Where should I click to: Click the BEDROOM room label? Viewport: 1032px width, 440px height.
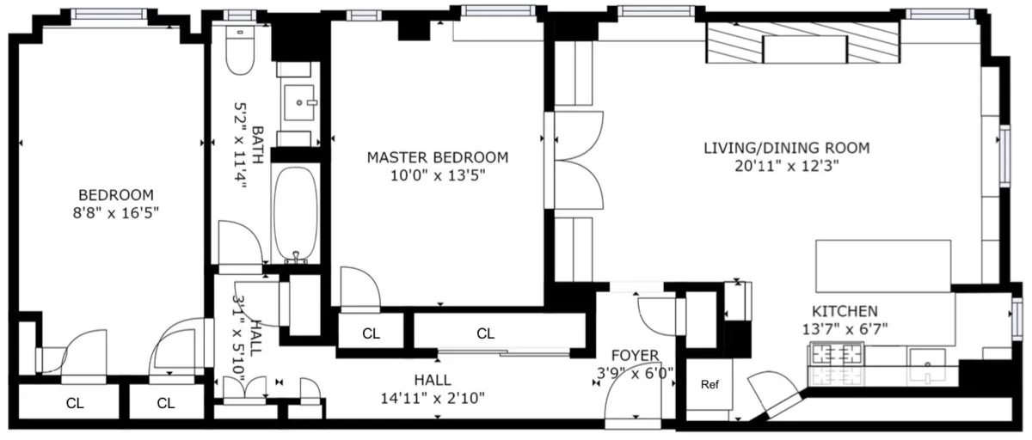click(115, 194)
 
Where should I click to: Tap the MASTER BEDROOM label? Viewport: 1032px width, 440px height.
click(437, 157)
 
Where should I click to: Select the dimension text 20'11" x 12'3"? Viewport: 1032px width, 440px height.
click(786, 167)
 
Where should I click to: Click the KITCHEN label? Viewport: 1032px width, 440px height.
click(845, 311)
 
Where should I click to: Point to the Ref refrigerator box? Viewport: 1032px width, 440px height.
click(709, 384)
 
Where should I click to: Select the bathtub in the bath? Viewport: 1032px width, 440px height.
click(296, 215)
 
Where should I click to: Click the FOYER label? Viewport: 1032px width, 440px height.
click(635, 355)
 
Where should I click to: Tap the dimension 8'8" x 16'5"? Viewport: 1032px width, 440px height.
click(115, 211)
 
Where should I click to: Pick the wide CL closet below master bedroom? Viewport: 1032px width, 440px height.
click(486, 333)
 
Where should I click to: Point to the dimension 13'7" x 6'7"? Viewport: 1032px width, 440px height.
click(845, 328)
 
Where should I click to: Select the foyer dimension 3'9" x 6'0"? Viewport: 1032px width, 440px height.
click(636, 372)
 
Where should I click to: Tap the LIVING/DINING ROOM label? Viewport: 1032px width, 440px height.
click(786, 148)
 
